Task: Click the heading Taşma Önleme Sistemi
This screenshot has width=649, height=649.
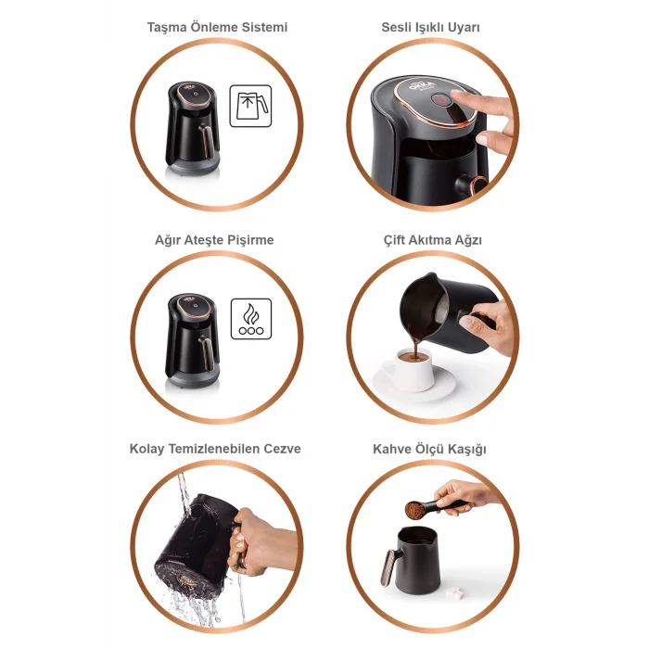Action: coord(217,27)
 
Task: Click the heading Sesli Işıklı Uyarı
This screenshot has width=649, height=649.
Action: coord(430,27)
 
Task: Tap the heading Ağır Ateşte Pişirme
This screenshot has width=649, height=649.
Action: coord(214,240)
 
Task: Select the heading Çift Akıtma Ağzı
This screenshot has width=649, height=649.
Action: coord(433,240)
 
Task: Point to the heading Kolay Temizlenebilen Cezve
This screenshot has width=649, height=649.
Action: coord(215,449)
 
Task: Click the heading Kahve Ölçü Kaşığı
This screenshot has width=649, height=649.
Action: coord(429,449)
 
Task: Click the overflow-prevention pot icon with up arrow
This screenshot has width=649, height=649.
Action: coord(251,106)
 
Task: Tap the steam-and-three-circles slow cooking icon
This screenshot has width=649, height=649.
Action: coord(251,319)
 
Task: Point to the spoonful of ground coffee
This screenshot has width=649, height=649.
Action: coord(414,510)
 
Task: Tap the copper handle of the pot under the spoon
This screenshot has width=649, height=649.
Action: coord(388,567)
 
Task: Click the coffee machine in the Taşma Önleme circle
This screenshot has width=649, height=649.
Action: coord(192,129)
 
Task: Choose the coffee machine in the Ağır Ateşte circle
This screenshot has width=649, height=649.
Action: coord(192,340)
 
